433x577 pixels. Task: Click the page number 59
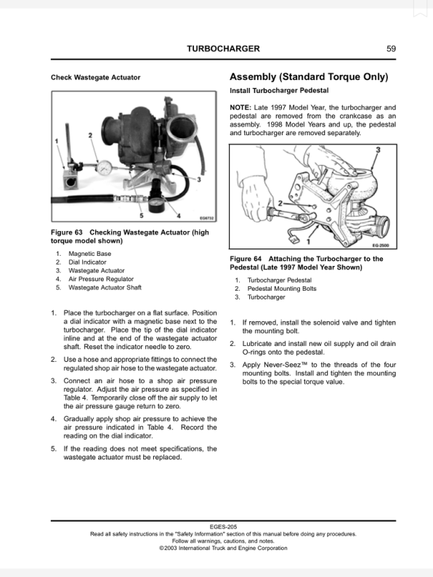[392, 49]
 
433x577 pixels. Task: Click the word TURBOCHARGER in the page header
[223, 49]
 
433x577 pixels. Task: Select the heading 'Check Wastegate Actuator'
[95, 77]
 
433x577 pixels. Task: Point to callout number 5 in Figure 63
[142, 215]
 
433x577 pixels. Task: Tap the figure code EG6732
[206, 217]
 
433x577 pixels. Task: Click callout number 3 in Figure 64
[378, 149]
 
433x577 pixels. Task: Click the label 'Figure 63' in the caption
[66, 233]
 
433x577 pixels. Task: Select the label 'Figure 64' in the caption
[245, 259]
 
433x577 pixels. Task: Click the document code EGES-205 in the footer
[222, 527]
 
